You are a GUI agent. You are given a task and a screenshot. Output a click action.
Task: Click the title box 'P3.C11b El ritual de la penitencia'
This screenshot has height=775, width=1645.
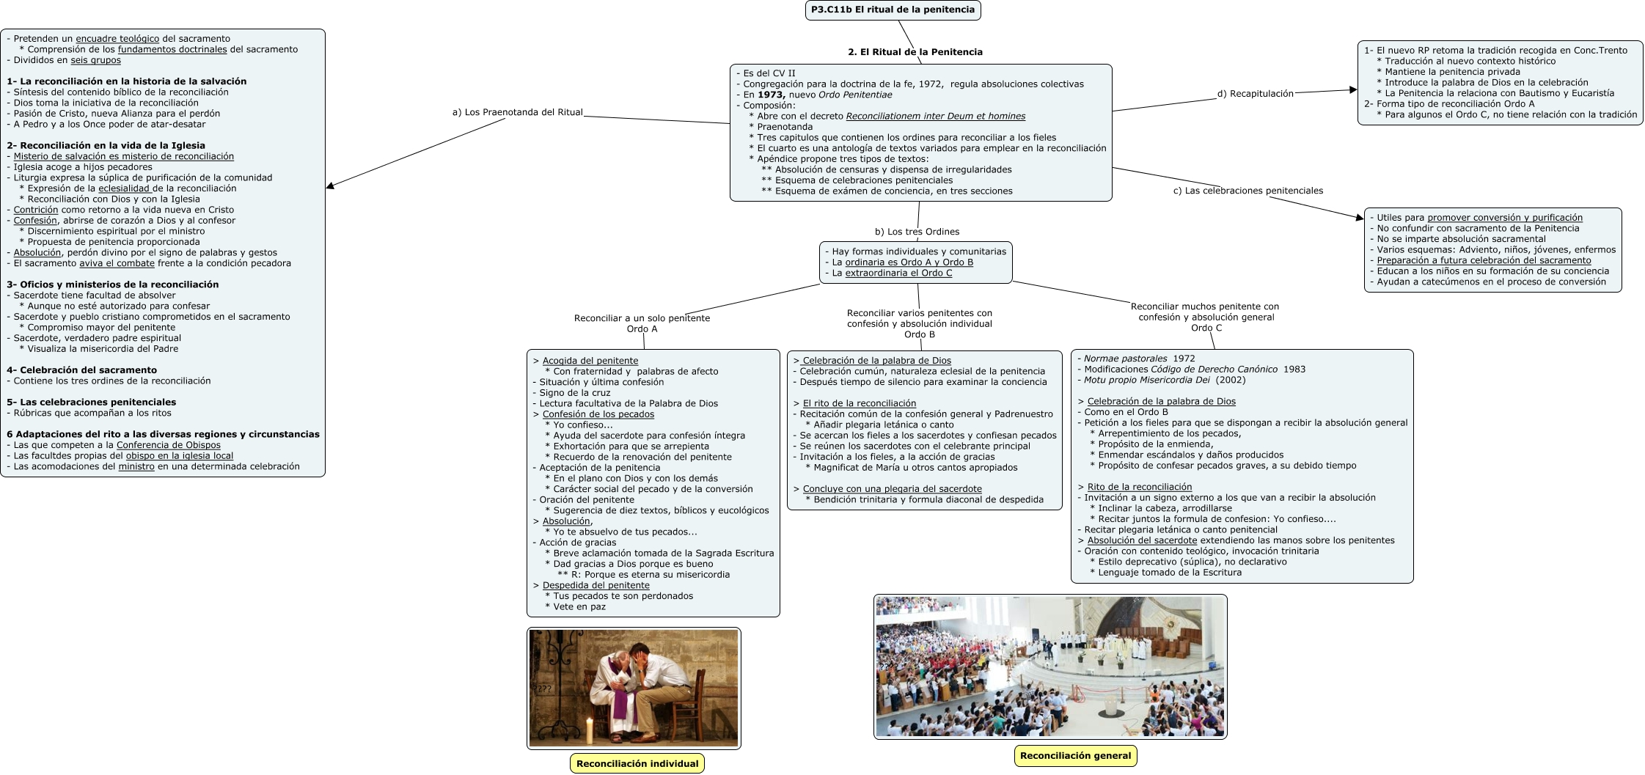pyautogui.click(x=893, y=10)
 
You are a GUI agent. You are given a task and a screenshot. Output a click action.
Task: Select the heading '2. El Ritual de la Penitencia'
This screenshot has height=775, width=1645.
pyautogui.click(x=915, y=52)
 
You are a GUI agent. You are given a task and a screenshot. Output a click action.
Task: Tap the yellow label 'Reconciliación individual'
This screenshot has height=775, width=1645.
pyautogui.click(x=637, y=763)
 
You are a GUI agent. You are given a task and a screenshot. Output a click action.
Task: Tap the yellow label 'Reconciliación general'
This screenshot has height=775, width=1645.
pyautogui.click(x=1075, y=755)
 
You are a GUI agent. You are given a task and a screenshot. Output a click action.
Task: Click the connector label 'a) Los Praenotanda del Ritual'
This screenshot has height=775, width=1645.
pyautogui.click(x=517, y=112)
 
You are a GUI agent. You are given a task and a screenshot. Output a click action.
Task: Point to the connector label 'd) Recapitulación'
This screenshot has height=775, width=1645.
pyautogui.click(x=1255, y=93)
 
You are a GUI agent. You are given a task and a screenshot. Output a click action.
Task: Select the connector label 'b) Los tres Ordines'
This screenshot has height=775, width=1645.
pyautogui.click(x=917, y=232)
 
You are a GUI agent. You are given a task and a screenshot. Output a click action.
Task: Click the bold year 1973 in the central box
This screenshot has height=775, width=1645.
pyautogui.click(x=771, y=95)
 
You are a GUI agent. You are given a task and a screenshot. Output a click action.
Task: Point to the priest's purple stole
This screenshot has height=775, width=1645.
pyautogui.click(x=624, y=697)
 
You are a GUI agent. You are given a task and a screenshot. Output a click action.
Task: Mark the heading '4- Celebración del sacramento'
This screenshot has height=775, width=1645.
pyautogui.click(x=81, y=370)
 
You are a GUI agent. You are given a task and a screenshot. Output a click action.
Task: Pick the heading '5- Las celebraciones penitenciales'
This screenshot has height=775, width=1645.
pyautogui.click(x=91, y=402)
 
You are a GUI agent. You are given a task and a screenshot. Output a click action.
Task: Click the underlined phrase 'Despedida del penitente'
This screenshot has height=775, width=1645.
pyautogui.click(x=596, y=585)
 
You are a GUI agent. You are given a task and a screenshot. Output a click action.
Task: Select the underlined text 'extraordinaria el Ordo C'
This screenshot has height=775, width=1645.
pyautogui.click(x=898, y=273)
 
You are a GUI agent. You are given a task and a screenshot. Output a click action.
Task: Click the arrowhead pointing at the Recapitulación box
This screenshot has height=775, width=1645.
pyautogui.click(x=1353, y=90)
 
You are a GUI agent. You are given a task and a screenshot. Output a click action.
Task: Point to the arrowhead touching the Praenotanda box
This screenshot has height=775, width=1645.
pyautogui.click(x=331, y=186)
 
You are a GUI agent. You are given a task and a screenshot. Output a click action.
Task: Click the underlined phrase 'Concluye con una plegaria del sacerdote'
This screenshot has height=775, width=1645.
pyautogui.click(x=892, y=489)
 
